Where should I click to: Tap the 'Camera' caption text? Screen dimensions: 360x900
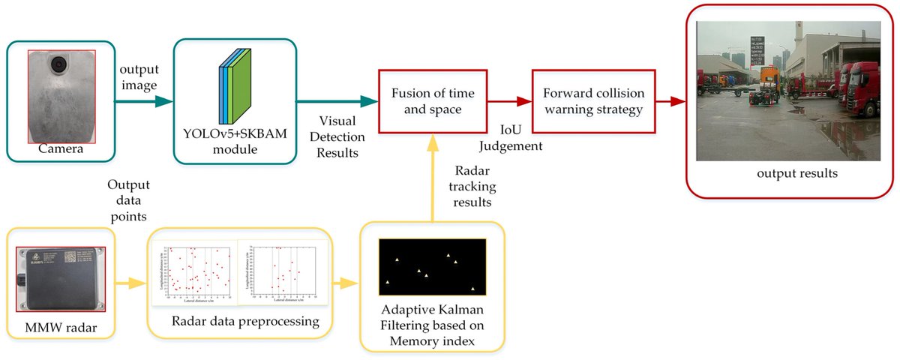[x=61, y=148]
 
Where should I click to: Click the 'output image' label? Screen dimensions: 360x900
[x=137, y=76]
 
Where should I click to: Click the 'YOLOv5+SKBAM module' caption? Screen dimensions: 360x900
[x=235, y=142]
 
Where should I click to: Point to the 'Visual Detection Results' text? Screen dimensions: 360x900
[x=337, y=136]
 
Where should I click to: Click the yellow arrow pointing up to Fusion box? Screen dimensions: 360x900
[x=433, y=180]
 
